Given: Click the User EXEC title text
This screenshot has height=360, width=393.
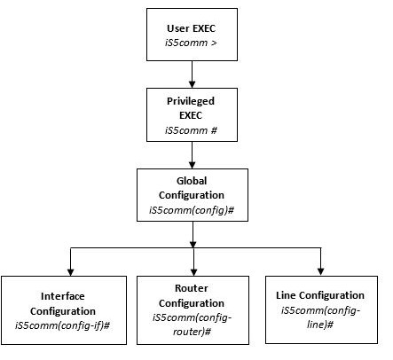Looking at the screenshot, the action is [191, 28].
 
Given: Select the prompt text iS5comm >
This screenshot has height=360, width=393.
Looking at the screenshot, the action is [191, 43].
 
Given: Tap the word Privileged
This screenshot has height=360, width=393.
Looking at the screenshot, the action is [191, 101].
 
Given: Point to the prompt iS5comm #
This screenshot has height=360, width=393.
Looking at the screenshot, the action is [191, 130].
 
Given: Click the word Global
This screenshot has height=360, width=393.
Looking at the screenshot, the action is [192, 181].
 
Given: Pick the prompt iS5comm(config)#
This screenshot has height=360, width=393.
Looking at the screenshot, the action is [192, 210].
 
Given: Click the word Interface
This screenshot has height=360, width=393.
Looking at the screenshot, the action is [63, 296].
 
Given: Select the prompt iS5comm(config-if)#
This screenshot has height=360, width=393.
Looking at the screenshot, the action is [63, 325].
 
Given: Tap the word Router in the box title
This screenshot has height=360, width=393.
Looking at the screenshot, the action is [192, 288].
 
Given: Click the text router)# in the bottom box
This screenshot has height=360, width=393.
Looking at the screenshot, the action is [192, 332].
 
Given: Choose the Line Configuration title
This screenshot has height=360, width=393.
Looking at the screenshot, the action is [320, 295].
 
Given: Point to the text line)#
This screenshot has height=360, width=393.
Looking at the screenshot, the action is [320, 325].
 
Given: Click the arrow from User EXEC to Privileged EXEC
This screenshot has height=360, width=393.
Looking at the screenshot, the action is [193, 74].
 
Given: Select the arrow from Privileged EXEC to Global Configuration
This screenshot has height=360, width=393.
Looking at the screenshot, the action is [193, 155].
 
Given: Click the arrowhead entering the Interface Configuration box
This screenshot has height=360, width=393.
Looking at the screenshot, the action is [71, 272].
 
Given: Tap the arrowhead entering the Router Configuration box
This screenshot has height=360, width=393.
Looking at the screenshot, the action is [193, 272].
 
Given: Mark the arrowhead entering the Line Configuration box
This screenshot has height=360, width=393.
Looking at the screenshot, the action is [321, 271].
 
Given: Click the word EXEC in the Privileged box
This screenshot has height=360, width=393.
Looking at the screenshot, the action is [191, 115].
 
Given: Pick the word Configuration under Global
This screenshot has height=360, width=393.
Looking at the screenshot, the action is [192, 195].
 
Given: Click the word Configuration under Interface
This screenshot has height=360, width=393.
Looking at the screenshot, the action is [63, 311].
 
